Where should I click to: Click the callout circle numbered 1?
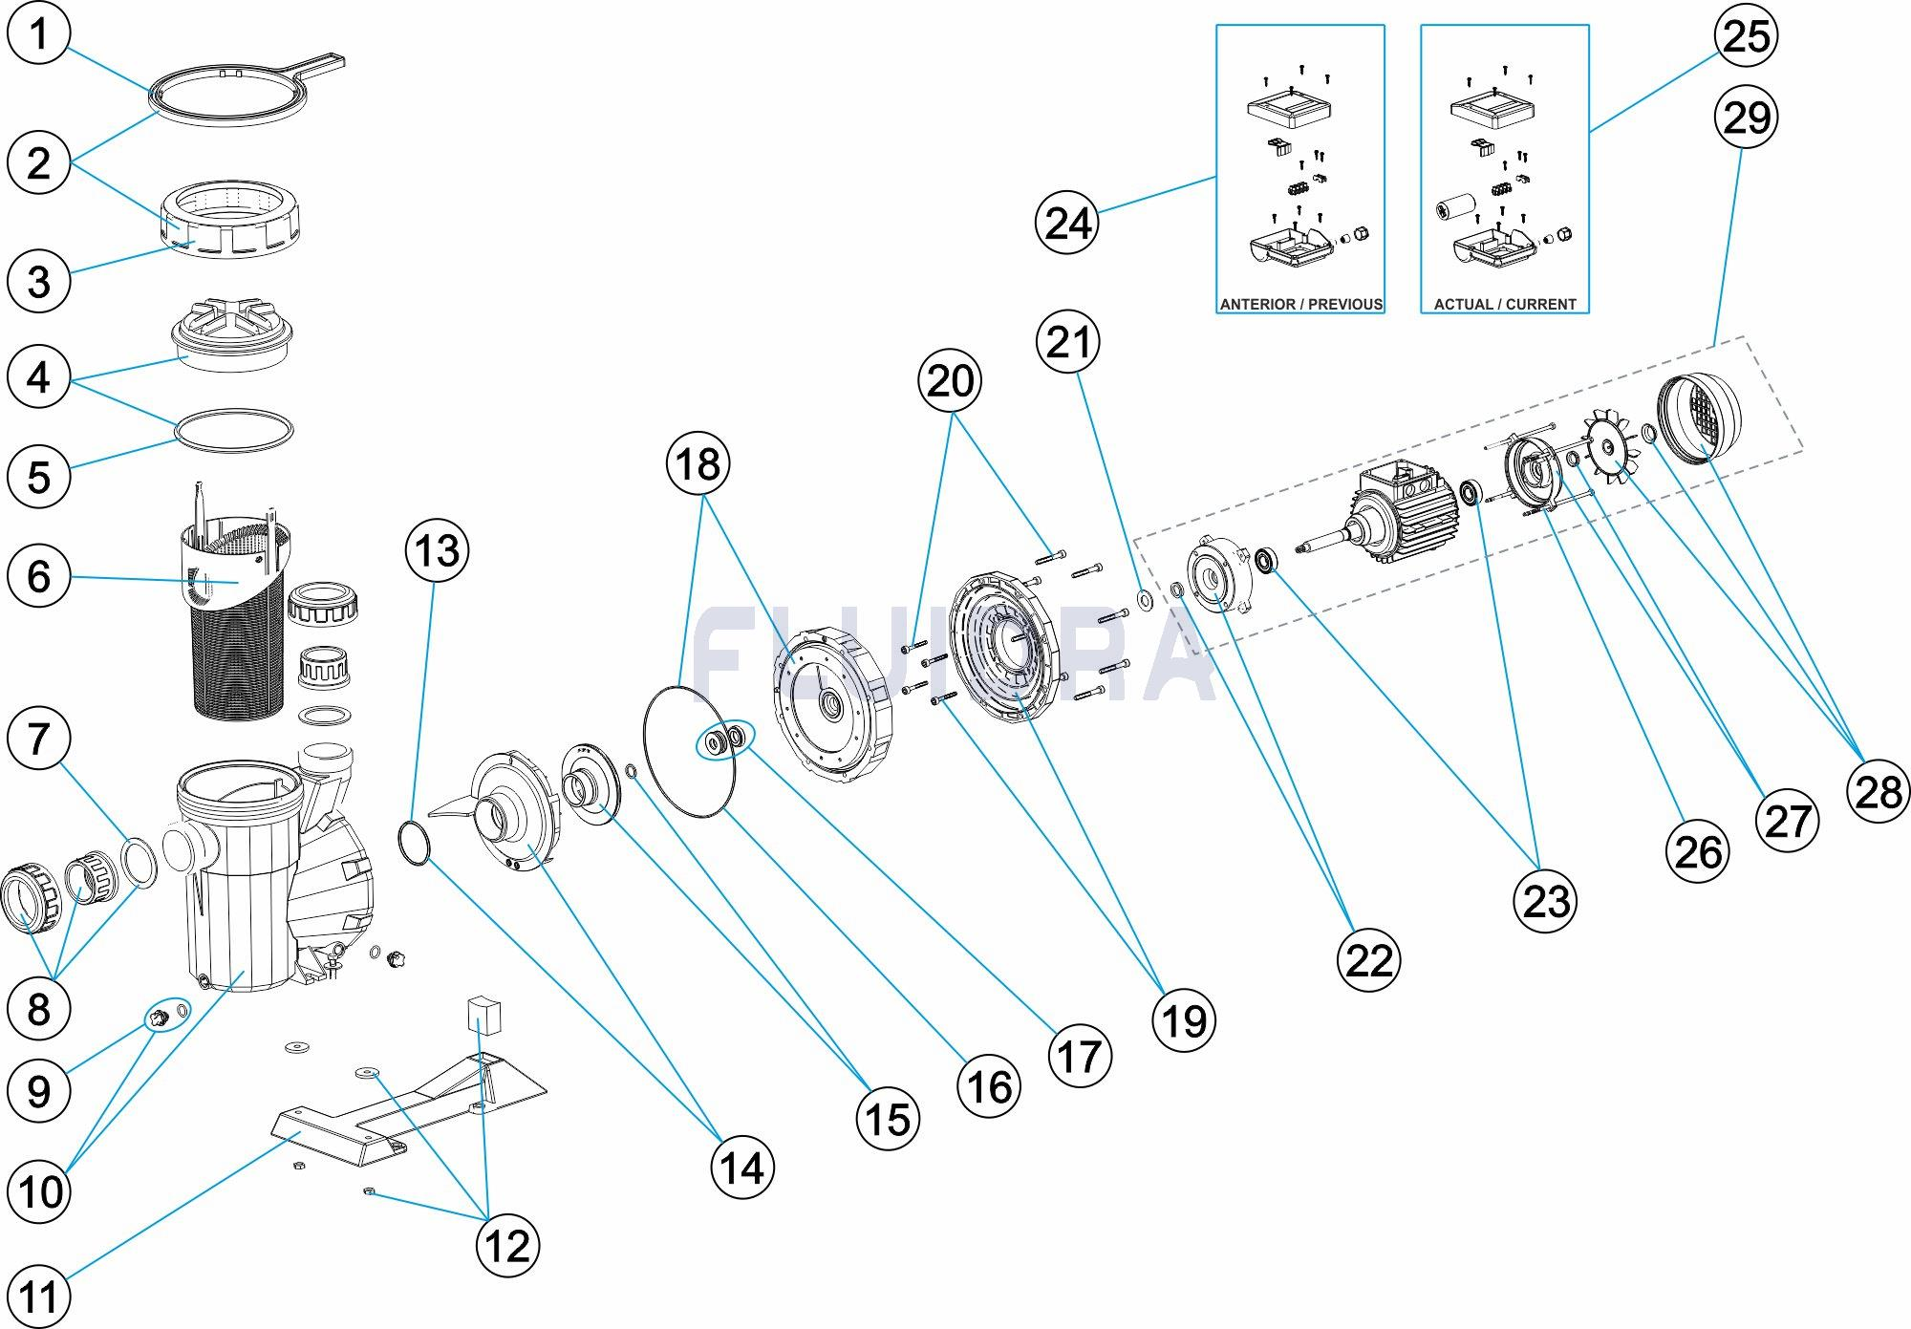(38, 34)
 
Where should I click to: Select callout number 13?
(438, 551)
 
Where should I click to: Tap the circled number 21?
(1067, 342)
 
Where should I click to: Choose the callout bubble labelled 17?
(1080, 1057)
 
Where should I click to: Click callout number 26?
(1698, 850)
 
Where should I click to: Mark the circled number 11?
(38, 1297)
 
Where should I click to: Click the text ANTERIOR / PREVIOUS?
(1300, 304)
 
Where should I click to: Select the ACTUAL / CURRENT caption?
(1505, 304)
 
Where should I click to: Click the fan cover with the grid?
(1699, 418)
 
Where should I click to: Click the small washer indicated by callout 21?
(1145, 600)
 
